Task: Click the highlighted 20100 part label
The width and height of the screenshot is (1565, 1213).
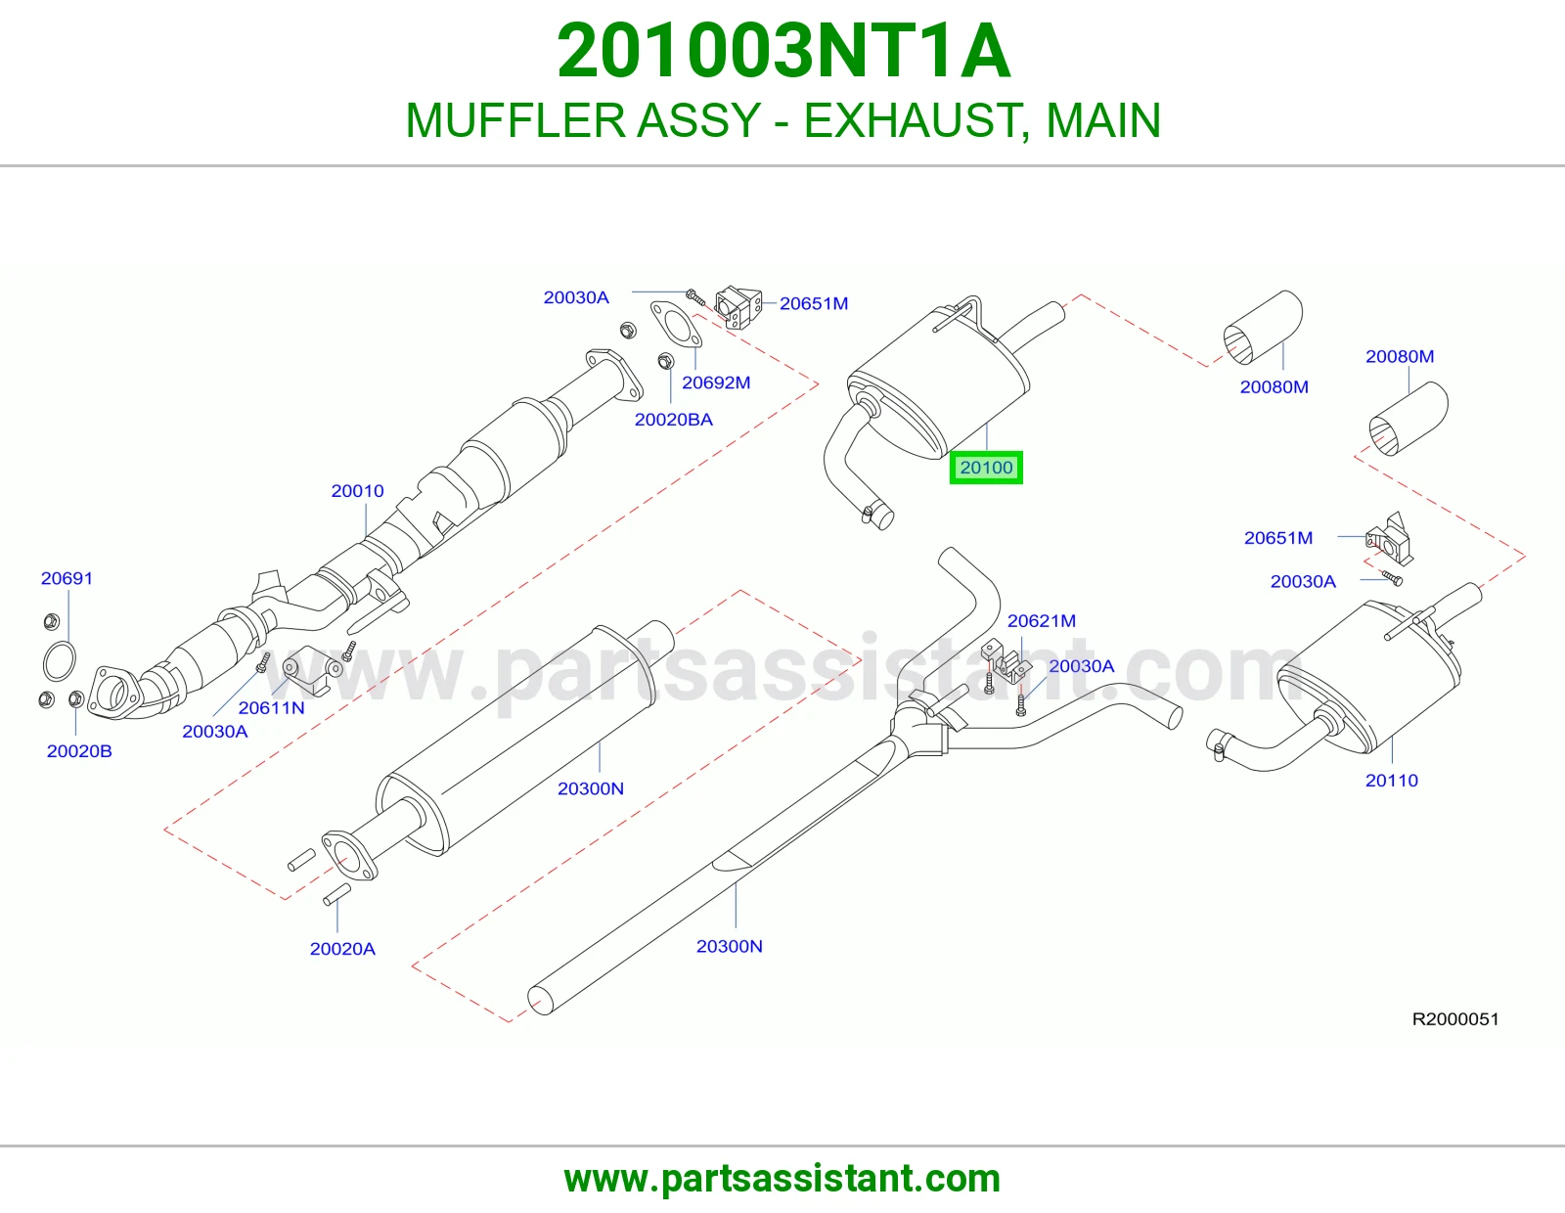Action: coord(986,468)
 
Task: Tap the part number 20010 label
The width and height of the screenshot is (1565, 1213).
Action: coord(357,490)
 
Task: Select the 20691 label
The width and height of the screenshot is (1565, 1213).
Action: coord(67,578)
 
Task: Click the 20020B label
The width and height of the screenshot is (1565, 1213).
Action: coord(79,750)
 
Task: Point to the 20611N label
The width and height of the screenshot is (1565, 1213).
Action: coord(272,707)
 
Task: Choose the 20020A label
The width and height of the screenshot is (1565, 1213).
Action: coord(342,949)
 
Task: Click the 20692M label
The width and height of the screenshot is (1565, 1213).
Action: coord(716,382)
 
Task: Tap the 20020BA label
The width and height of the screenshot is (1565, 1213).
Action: coord(673,420)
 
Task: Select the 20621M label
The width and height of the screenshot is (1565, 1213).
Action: coord(1042,620)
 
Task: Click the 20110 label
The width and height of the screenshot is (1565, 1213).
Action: coord(1392,780)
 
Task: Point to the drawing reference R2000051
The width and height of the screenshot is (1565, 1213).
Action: coord(1455,1019)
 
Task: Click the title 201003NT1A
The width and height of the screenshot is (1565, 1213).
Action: coord(783,51)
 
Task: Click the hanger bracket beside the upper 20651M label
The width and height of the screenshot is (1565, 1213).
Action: coord(738,307)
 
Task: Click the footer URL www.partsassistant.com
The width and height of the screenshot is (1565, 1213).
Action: coord(782,1180)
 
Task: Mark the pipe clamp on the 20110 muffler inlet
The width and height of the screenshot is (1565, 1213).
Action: coord(1217,744)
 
